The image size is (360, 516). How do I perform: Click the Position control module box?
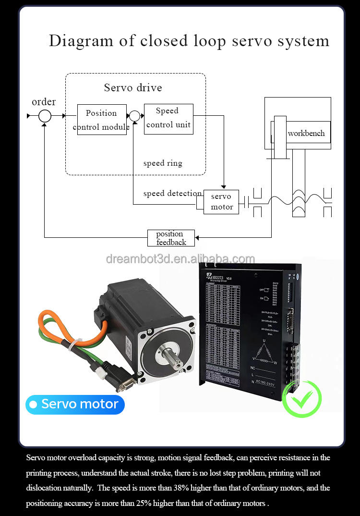coord(102,120)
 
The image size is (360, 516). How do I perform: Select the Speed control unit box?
coord(168,118)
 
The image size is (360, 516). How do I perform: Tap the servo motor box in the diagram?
coord(221,202)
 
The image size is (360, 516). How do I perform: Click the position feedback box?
coord(171,238)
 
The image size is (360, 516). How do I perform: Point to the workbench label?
coord(306,133)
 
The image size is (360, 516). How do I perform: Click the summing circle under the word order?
coord(45,116)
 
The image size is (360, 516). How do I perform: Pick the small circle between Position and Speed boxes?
coord(134,116)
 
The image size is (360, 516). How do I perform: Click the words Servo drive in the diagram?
coord(133,87)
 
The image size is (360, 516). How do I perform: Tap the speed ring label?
coord(163,163)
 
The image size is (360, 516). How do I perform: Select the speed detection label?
coord(172,194)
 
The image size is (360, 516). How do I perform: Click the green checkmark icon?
coord(302,398)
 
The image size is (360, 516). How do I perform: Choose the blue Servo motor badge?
coord(75,405)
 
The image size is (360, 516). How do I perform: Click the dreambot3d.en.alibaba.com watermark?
coord(180,259)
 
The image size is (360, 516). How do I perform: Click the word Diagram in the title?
coord(81,41)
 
